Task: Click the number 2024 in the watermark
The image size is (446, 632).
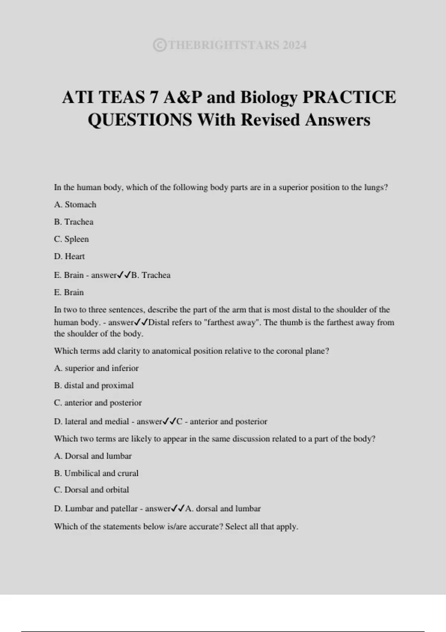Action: click(x=294, y=45)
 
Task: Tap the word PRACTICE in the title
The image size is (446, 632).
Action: click(x=349, y=97)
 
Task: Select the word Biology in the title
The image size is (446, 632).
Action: click(x=269, y=97)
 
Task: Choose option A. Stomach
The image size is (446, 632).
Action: click(x=75, y=204)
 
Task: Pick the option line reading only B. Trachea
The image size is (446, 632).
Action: click(x=74, y=222)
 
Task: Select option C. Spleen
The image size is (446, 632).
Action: click(x=71, y=239)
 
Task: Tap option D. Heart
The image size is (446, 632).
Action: click(x=70, y=257)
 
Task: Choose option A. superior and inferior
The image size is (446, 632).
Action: click(x=96, y=368)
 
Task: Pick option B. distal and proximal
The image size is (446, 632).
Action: click(x=94, y=386)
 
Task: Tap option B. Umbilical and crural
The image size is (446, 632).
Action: click(x=96, y=473)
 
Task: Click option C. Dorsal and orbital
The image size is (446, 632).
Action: click(x=91, y=490)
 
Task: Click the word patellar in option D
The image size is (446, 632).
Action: click(x=124, y=509)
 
